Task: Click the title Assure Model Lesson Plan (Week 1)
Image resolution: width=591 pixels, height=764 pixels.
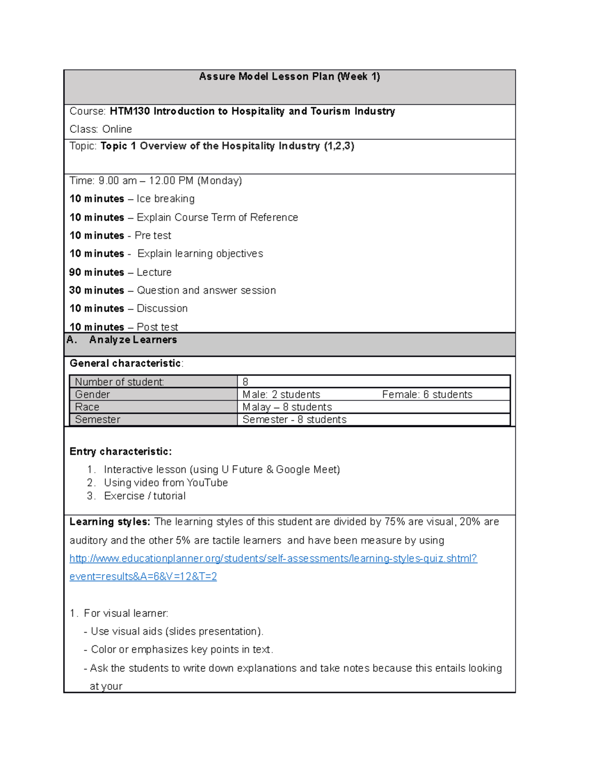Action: [289, 76]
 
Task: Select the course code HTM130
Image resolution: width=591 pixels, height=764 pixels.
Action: [130, 111]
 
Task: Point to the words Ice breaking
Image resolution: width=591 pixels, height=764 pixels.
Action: [165, 199]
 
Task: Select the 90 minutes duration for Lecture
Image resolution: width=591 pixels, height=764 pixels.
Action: [97, 272]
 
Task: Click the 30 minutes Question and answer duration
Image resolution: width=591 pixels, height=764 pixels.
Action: [97, 290]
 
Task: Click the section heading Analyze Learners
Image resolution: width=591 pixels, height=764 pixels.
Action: [132, 340]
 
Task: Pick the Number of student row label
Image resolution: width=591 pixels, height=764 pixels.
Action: [119, 382]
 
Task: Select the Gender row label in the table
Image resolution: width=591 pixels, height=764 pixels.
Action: [92, 395]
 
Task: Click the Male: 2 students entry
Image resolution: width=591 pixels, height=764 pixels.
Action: [281, 395]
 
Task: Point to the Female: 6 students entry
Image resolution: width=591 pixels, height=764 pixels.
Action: [427, 395]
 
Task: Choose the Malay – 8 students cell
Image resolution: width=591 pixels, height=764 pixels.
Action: [287, 407]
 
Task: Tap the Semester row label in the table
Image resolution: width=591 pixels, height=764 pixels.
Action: [98, 420]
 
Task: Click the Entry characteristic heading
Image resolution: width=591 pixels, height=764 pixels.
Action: [121, 452]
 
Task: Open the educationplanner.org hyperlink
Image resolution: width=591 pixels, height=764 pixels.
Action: [273, 558]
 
